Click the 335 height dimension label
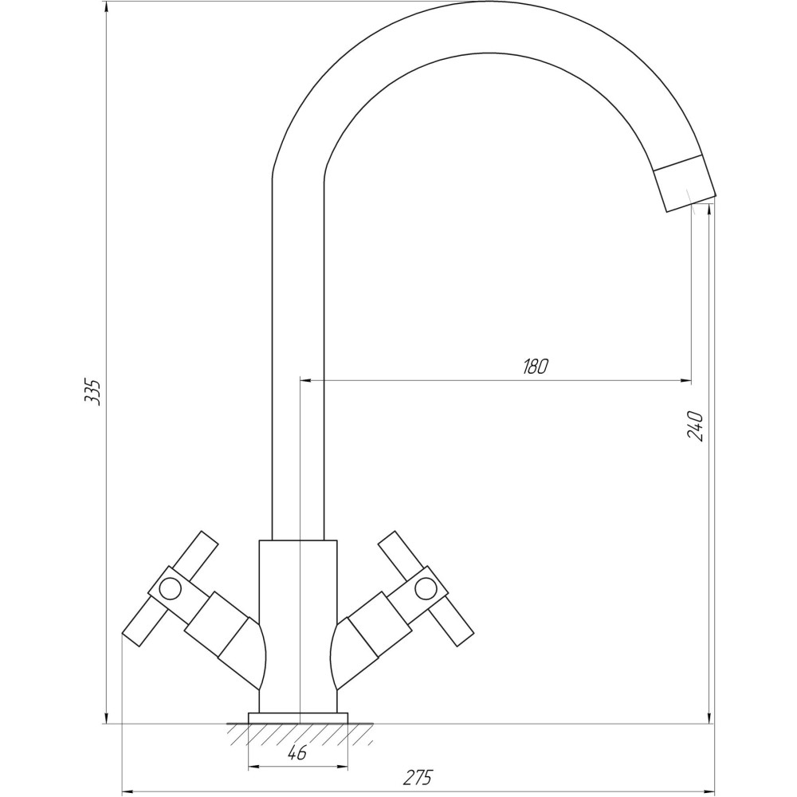click(x=92, y=392)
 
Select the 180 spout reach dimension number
click(x=536, y=367)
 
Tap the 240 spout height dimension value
click(x=694, y=426)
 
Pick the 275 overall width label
click(x=418, y=777)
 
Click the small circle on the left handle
click(x=170, y=589)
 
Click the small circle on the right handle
click(x=426, y=589)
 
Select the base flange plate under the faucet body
click(x=298, y=718)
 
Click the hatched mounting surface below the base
click(x=300, y=734)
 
